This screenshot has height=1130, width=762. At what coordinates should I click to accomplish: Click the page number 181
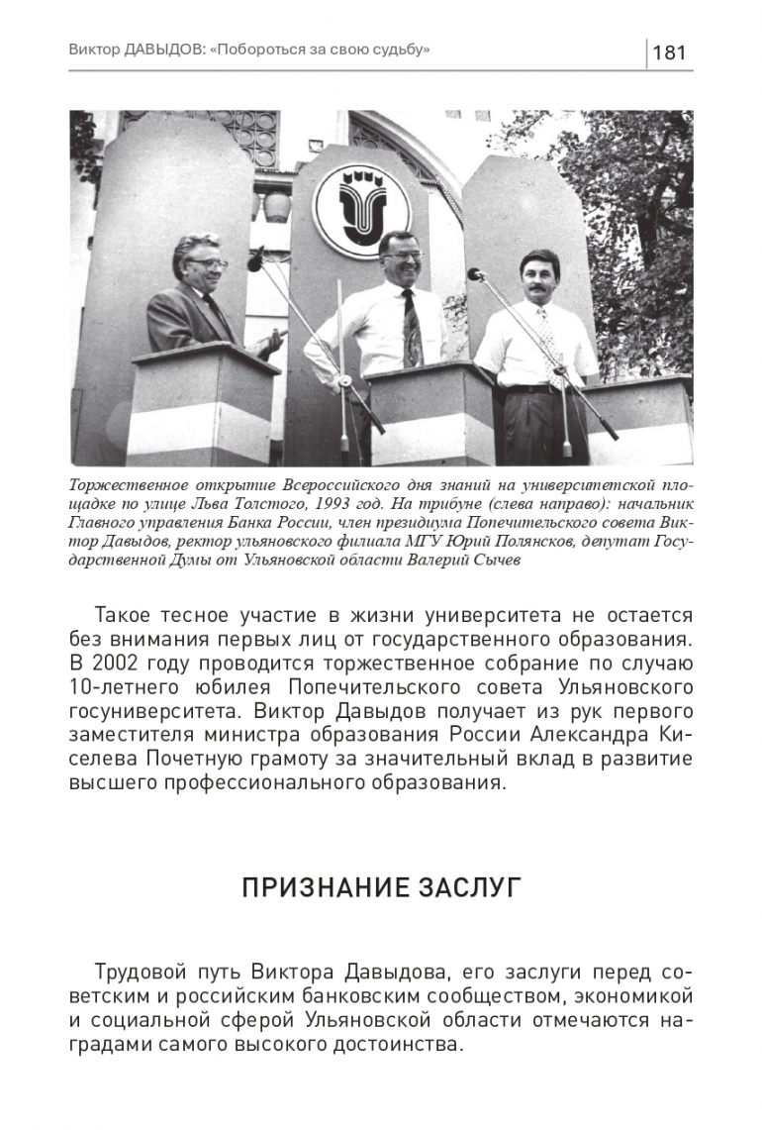tap(670, 52)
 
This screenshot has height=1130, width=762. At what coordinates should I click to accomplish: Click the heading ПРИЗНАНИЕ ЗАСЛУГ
tap(381, 886)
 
